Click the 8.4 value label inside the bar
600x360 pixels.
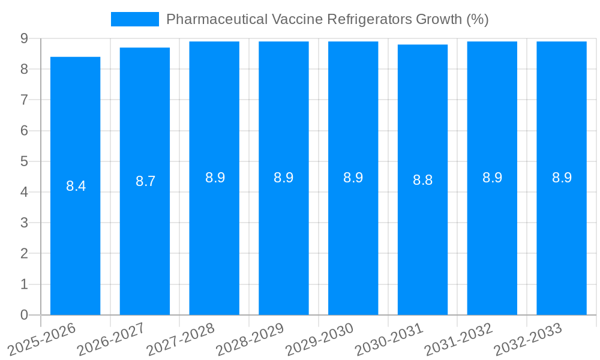pyautogui.click(x=76, y=186)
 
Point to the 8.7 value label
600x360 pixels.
pyautogui.click(x=145, y=181)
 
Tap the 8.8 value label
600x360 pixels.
pyautogui.click(x=422, y=180)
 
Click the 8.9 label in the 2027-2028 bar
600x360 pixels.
pyautogui.click(x=215, y=178)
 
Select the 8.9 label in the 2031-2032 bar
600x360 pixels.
pyautogui.click(x=492, y=178)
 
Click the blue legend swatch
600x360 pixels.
pyautogui.click(x=135, y=19)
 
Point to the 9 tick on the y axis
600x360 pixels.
pyautogui.click(x=24, y=38)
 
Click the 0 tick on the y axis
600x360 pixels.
pyautogui.click(x=24, y=315)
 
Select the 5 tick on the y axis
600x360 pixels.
pyautogui.click(x=24, y=161)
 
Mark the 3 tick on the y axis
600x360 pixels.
pyautogui.click(x=24, y=223)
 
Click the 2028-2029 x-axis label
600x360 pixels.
pyautogui.click(x=250, y=340)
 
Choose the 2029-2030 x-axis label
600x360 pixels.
pyautogui.click(x=320, y=340)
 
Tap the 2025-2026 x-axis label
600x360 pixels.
pyautogui.click(x=42, y=340)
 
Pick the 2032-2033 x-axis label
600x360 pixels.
pyautogui.click(x=528, y=340)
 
